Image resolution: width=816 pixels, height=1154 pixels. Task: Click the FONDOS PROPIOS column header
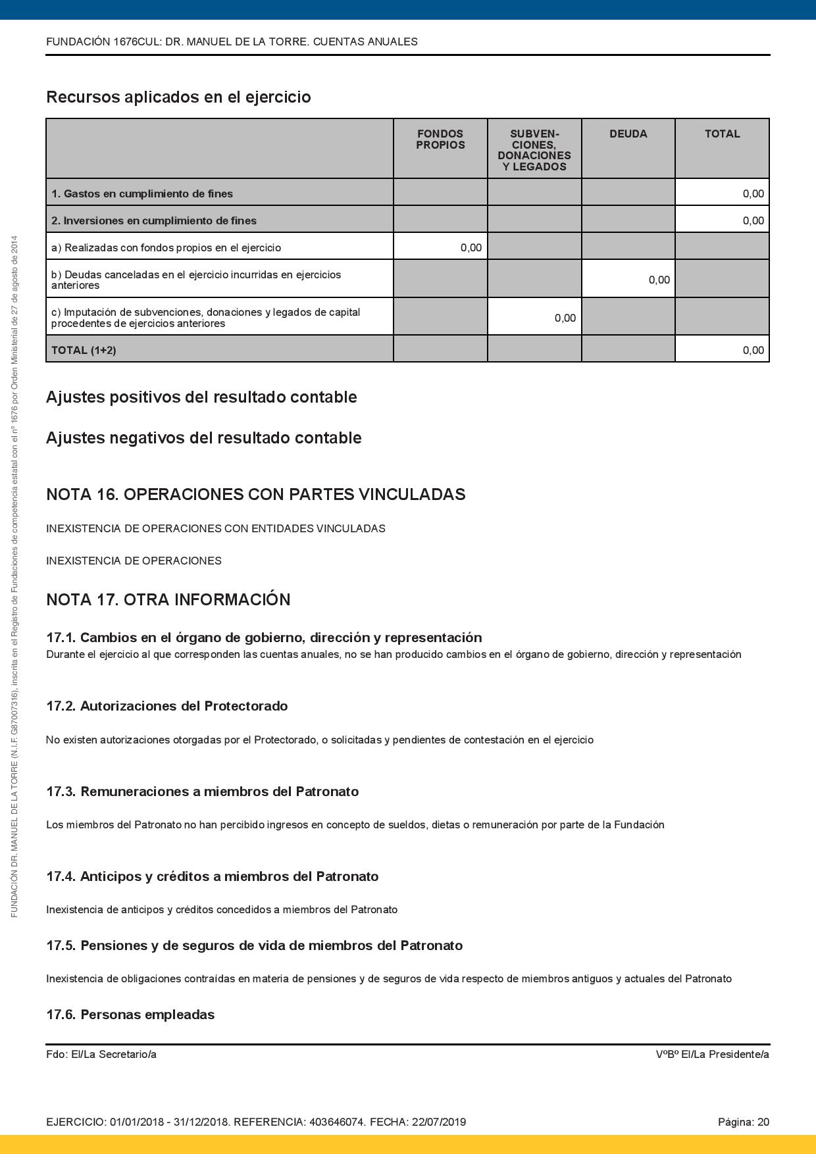pos(440,139)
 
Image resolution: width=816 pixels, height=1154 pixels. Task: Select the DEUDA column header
pos(628,134)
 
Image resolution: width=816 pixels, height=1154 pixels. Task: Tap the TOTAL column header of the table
pos(722,134)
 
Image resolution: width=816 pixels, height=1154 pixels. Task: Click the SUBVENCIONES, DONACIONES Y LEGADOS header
pos(534,151)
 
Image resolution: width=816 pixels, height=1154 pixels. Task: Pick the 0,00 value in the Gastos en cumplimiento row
pos(753,193)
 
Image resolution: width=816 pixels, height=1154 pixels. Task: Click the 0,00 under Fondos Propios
pos(471,248)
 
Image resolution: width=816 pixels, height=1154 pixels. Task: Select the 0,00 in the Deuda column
pos(659,280)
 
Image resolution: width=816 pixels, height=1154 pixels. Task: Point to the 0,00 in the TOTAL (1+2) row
pos(753,351)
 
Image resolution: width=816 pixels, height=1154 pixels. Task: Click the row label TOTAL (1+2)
pos(84,351)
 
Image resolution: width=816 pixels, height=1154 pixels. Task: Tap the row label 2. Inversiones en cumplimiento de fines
pos(154,221)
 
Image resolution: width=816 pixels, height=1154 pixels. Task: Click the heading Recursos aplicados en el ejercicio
pos(178,97)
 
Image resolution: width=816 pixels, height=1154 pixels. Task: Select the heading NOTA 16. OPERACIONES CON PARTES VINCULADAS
pos(255,495)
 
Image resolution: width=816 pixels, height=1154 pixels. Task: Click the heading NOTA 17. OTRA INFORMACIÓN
pos(168,600)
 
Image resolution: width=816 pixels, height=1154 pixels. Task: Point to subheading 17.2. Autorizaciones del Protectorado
pos(166,706)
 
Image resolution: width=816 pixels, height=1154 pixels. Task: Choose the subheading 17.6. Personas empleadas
pos(130,1015)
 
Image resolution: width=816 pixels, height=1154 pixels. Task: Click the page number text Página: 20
pos(743,1122)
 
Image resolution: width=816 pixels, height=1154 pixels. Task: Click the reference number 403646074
pos(336,1122)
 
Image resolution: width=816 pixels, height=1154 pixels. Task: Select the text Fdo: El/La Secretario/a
pos(101,1055)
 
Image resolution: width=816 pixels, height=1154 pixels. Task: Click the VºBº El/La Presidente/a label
pos(712,1055)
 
